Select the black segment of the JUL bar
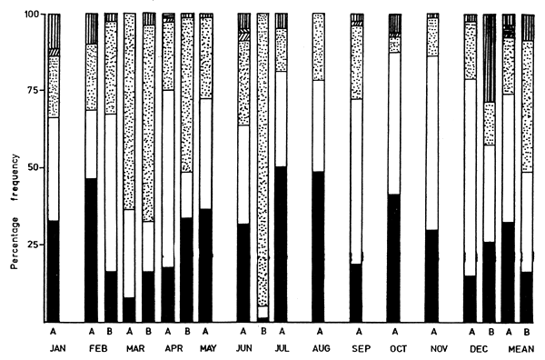[282, 244]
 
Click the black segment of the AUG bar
[318, 245]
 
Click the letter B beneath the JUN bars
[263, 333]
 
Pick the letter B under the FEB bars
[111, 333]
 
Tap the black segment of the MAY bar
[205, 265]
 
